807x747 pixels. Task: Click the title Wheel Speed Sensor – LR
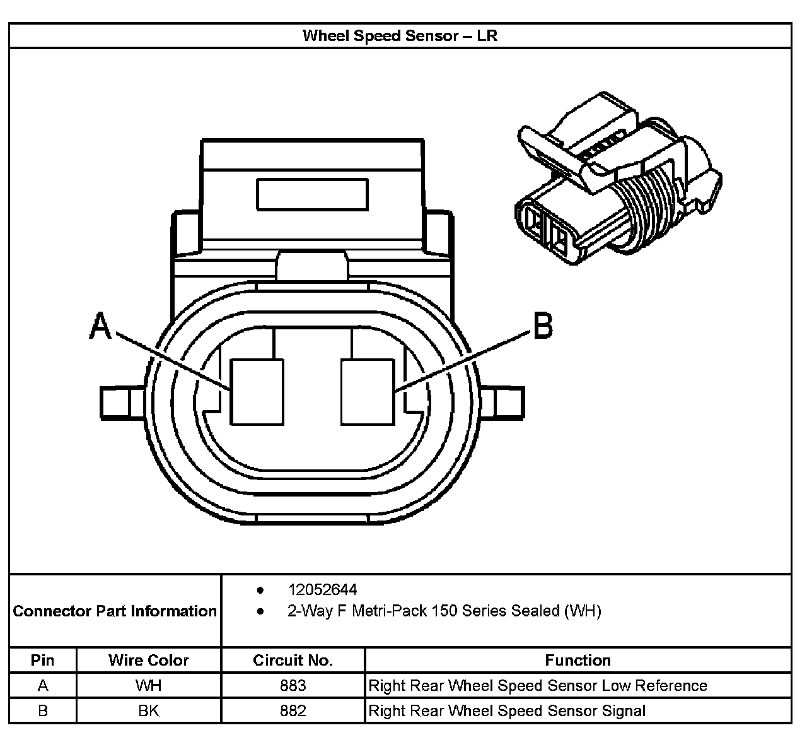[400, 35]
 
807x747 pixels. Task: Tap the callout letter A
[100, 327]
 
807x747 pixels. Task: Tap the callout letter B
[543, 327]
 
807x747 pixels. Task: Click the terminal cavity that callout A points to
[257, 391]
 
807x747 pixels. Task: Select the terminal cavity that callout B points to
[367, 391]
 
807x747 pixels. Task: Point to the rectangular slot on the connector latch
[312, 194]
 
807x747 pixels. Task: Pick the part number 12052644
[322, 589]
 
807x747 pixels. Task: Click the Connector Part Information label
[115, 611]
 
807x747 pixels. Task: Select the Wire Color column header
[149, 660]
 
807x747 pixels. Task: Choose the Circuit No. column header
[293, 660]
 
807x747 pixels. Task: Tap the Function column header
[578, 660]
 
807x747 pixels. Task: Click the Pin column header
[43, 660]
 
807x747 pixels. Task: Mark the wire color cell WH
[149, 685]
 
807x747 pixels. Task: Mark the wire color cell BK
[149, 710]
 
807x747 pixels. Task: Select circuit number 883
[293, 685]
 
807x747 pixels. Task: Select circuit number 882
[293, 710]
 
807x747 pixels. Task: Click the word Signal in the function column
[624, 710]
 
